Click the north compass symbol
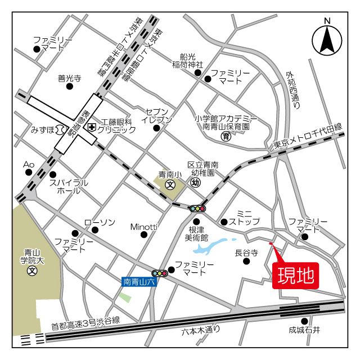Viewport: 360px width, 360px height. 327,39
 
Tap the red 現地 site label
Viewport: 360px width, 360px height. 295,276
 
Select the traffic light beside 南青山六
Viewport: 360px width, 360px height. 161,273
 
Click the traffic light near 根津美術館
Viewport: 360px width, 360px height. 197,208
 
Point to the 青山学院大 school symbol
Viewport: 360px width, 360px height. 32,271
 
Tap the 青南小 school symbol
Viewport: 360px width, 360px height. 170,185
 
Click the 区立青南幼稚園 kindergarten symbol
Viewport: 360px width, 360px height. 195,182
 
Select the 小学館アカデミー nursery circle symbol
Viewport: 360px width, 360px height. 226,136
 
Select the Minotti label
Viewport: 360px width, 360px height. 143,227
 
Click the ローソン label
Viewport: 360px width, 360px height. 100,222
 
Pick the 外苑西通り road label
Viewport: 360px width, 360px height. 292,90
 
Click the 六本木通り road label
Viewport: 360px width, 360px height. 201,330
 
